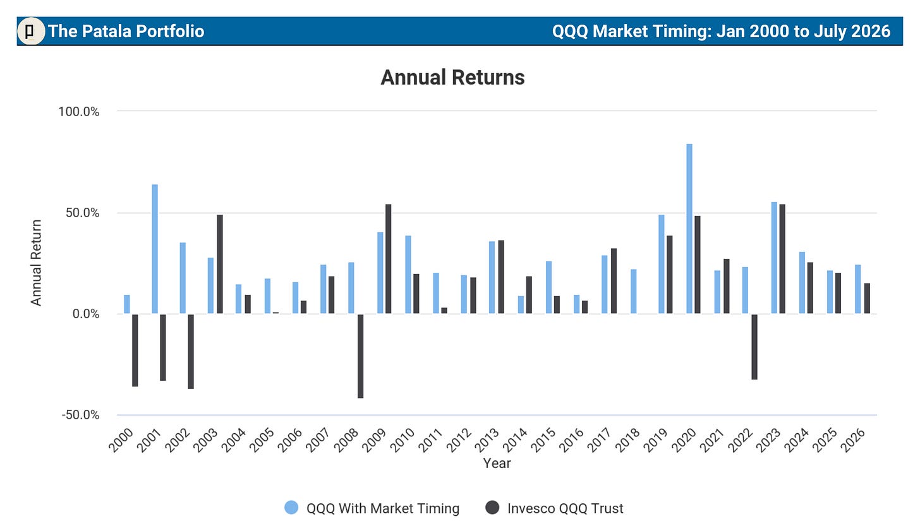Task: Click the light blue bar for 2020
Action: pos(689,229)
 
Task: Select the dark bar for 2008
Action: pos(361,356)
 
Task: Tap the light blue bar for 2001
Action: pos(155,249)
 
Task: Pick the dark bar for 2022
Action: pos(754,347)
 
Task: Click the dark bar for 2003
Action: pos(220,264)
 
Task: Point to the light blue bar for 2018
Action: pos(634,291)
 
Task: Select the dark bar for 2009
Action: pos(389,259)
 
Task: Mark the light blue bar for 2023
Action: pos(774,258)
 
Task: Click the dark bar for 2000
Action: pos(135,350)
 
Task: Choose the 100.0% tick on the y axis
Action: pos(79,112)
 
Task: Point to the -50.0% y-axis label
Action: pos(80,415)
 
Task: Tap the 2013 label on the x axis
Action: pos(488,440)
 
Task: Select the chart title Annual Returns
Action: pos(452,77)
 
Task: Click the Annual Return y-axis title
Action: pos(36,263)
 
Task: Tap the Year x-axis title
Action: pos(497,463)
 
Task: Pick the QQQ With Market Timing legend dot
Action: pos(291,508)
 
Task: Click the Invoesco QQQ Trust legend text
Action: pos(565,508)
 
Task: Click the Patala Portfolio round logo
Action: pos(31,31)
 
